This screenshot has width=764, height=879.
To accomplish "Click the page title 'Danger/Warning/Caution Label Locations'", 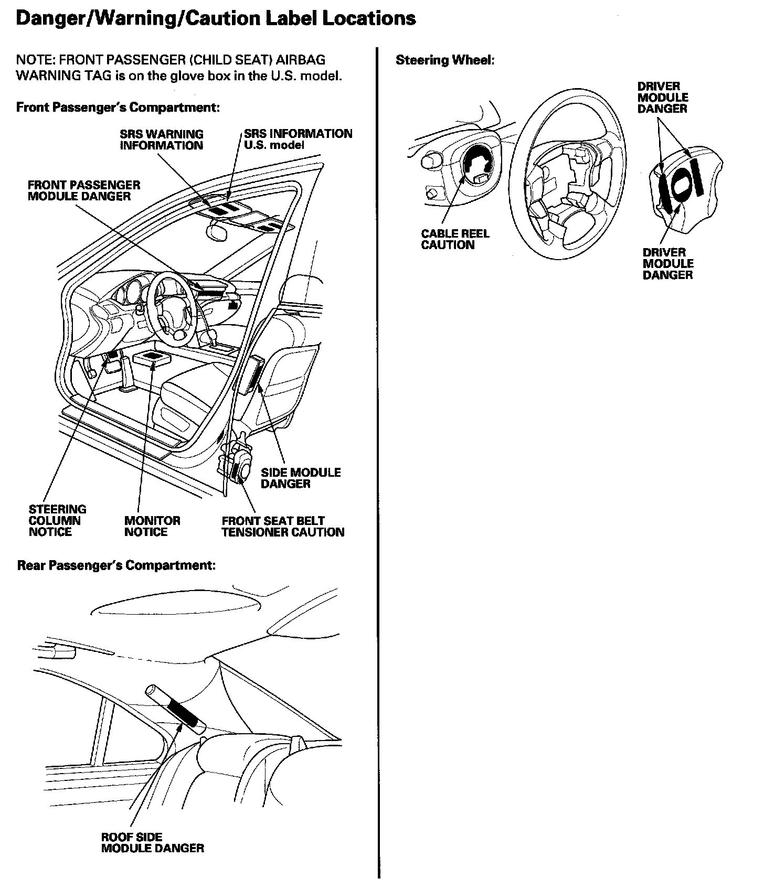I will (216, 19).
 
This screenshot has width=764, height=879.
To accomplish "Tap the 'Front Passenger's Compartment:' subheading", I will (118, 108).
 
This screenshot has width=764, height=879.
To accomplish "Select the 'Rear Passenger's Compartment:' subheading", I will (116, 566).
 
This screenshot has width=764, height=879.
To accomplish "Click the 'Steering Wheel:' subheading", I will (445, 60).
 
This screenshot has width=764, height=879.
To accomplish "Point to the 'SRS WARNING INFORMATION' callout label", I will (161, 140).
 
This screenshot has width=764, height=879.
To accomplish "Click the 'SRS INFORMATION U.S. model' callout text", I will (298, 140).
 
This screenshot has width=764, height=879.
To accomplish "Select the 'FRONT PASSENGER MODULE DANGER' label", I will (84, 191).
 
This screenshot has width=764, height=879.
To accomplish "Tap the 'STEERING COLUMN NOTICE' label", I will (57, 521).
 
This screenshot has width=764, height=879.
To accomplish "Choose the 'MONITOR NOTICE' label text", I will (152, 526).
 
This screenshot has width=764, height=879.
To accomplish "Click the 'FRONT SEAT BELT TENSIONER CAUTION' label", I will (283, 527).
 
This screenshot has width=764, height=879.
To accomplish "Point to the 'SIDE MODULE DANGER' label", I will (300, 478).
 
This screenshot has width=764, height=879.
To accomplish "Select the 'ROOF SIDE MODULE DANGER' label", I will (152, 843).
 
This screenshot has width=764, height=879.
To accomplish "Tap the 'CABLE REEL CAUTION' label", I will (454, 240).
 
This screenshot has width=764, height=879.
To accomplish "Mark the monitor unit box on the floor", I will (153, 359).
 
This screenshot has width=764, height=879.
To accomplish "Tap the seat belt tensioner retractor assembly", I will (237, 462).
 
